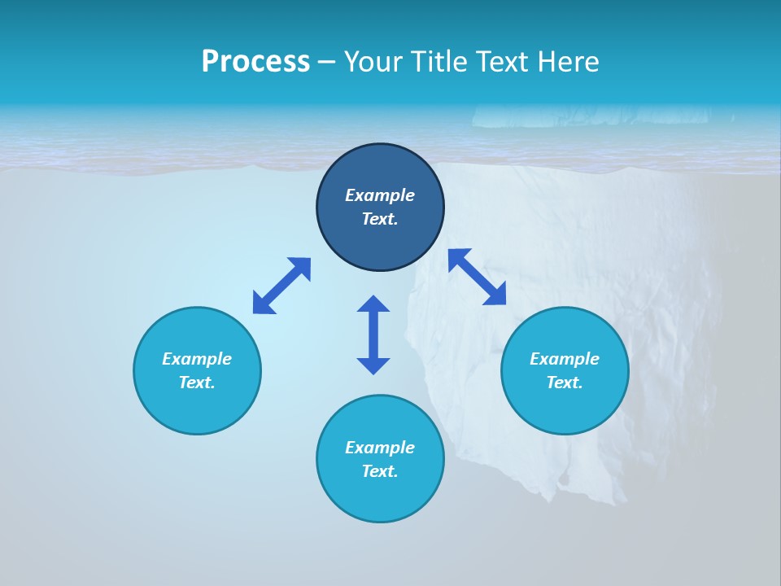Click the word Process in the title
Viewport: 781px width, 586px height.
click(x=255, y=62)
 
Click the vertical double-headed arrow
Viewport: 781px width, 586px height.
click(x=373, y=335)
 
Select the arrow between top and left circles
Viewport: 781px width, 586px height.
click(x=281, y=286)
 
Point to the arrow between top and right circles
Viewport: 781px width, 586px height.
click(x=478, y=277)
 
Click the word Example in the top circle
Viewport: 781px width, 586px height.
click(x=380, y=195)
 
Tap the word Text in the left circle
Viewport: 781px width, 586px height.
click(x=197, y=383)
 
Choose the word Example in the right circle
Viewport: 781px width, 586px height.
click(x=565, y=359)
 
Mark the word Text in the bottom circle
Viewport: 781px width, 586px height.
click(x=380, y=471)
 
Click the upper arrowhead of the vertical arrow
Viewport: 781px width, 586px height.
click(x=373, y=304)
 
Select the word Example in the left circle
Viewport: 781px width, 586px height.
click(x=197, y=359)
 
